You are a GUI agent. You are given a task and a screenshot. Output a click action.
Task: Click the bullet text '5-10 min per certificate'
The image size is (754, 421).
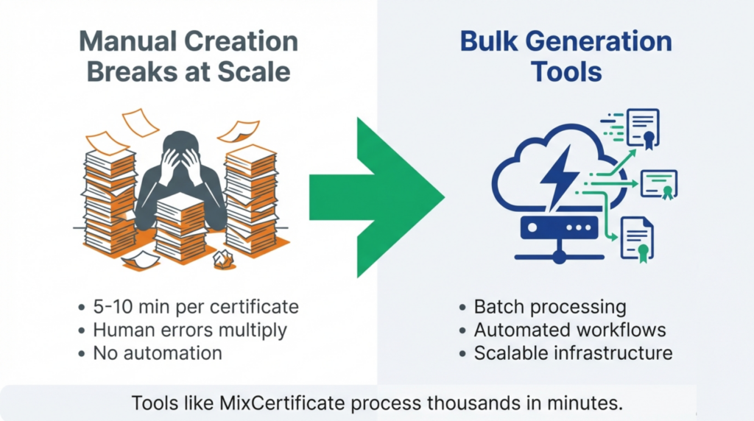pos(196,307)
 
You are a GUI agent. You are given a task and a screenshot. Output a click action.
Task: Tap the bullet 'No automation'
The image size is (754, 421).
pos(157,353)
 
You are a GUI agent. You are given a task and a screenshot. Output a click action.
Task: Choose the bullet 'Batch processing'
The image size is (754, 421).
pos(549,307)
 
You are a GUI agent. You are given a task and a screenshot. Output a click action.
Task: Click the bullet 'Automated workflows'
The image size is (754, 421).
pos(570,330)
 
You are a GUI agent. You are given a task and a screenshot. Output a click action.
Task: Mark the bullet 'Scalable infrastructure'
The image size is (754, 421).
pos(573,353)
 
